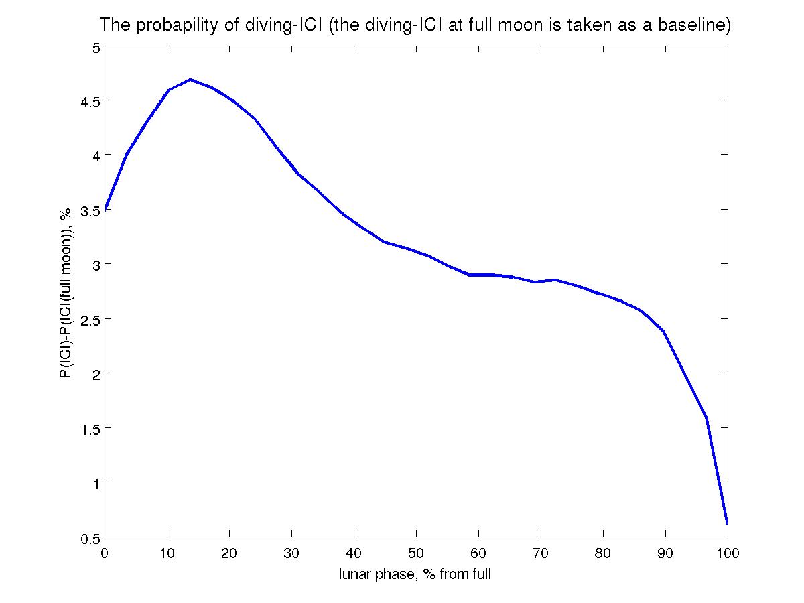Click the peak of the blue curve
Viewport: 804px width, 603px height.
click(190, 80)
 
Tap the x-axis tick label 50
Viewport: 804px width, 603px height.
click(416, 553)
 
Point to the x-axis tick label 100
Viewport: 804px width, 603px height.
click(727, 553)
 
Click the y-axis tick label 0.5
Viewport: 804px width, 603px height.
click(87, 538)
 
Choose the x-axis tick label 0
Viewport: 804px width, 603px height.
click(105, 553)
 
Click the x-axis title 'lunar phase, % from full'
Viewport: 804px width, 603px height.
click(415, 574)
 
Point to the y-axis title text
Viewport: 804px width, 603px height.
click(66, 293)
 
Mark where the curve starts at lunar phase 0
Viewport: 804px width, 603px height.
click(106, 210)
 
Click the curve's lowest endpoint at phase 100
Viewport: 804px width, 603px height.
click(727, 523)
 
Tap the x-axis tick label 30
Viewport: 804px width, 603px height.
click(292, 553)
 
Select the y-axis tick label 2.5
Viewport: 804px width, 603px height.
click(87, 320)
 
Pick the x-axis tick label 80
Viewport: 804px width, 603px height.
click(603, 553)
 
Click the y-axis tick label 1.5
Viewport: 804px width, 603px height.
click(87, 429)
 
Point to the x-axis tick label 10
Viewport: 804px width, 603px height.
click(167, 553)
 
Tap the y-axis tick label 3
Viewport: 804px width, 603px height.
click(95, 265)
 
